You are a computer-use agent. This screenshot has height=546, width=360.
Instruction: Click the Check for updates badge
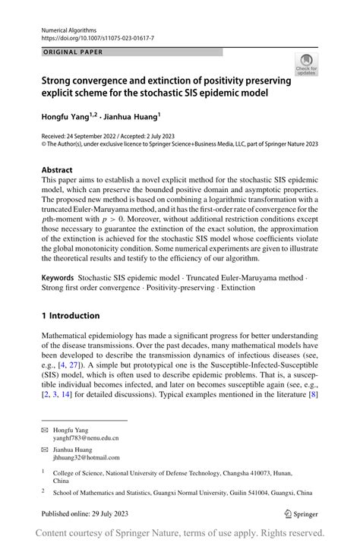[306, 65]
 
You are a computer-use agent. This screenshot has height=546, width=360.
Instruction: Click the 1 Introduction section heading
[70, 316]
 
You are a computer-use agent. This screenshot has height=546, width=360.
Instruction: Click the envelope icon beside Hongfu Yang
[46, 430]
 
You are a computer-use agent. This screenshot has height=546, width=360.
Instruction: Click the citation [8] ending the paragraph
[311, 395]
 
